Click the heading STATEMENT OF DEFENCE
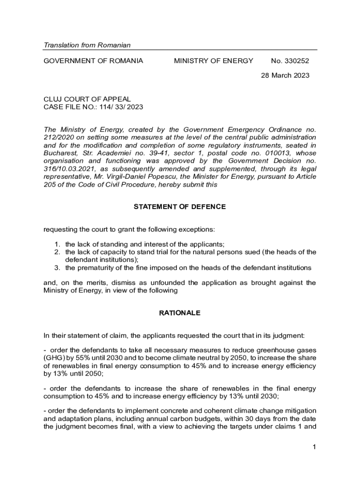[180, 207]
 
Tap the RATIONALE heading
[180, 313]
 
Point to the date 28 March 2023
[285, 75]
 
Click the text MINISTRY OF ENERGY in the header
[214, 61]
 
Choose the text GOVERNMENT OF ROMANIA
[94, 61]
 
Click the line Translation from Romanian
[87, 45]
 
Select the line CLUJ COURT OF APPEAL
[87, 99]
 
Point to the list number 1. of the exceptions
[57, 244]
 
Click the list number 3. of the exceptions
[57, 268]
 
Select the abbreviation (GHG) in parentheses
[54, 358]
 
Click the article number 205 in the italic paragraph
[50, 184]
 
